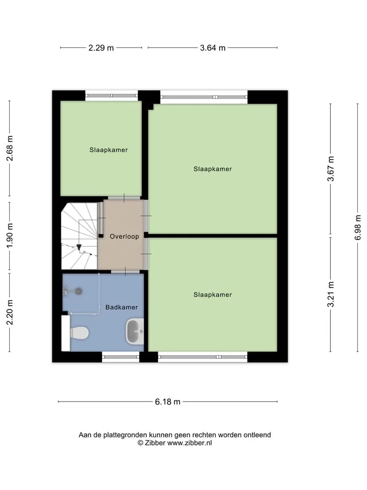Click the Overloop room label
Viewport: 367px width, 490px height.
click(124, 236)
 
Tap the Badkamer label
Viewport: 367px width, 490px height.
click(122, 307)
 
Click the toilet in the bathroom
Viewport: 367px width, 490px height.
click(80, 333)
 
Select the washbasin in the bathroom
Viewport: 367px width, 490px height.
click(135, 331)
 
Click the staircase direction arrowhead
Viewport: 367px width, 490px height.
click(80, 247)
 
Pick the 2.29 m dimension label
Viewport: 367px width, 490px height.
click(101, 48)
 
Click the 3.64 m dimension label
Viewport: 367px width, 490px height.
click(213, 48)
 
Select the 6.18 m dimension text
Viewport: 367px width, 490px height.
click(168, 402)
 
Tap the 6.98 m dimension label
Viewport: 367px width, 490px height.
click(358, 228)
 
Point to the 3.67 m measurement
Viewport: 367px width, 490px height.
click(330, 169)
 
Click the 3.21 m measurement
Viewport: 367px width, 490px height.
click(330, 295)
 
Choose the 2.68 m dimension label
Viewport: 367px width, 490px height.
click(10, 148)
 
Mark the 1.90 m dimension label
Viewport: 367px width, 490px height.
click(10, 236)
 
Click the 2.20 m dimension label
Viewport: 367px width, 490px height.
click(10, 312)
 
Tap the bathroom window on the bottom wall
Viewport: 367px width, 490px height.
click(120, 357)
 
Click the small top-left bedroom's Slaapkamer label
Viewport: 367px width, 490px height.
click(109, 150)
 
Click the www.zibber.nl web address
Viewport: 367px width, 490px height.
click(190, 443)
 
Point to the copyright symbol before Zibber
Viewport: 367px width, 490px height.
click(141, 443)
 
